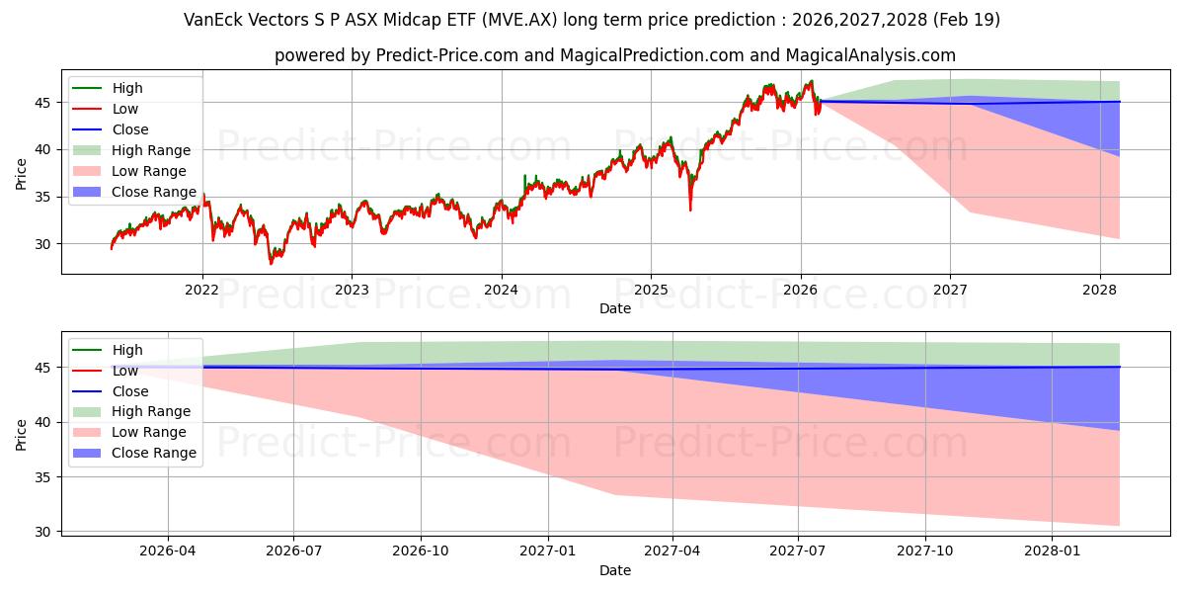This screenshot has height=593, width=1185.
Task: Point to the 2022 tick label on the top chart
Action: tap(202, 290)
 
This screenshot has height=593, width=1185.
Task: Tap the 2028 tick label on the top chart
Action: tap(1100, 290)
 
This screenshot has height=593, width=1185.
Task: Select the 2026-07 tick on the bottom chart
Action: tap(294, 535)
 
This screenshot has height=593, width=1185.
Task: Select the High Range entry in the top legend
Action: tap(151, 150)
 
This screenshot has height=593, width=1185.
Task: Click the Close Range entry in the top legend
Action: tap(153, 192)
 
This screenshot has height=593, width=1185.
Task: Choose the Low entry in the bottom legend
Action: tap(125, 371)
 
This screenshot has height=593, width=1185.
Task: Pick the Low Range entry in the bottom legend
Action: tap(149, 432)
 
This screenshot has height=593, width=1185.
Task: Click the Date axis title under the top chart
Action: tap(615, 308)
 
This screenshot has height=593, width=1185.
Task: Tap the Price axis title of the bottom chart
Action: tap(22, 434)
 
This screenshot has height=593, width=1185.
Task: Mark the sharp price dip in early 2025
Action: tap(690, 209)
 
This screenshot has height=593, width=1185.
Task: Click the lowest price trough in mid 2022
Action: tap(272, 263)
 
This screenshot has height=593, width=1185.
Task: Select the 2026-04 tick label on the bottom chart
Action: tap(168, 551)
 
